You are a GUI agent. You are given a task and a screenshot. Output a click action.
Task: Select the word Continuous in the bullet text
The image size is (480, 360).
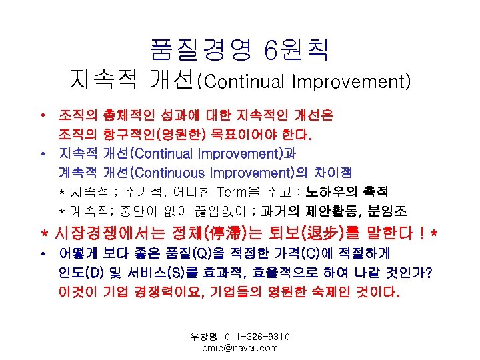point(169,173)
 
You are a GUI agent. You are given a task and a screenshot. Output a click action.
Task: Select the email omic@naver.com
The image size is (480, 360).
point(239,348)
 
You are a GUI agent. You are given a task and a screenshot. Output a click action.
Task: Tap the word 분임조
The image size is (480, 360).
point(393,211)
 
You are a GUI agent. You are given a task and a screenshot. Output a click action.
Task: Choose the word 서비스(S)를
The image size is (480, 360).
point(161,273)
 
